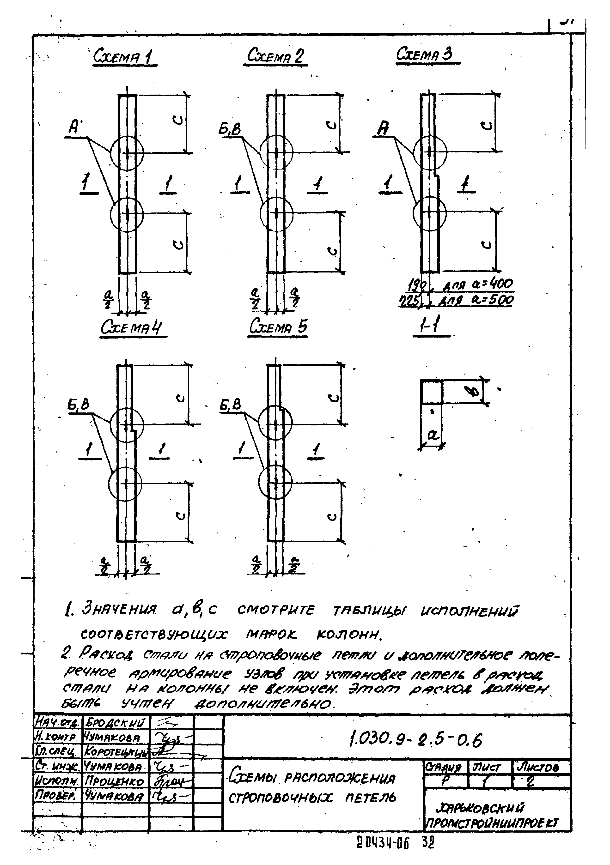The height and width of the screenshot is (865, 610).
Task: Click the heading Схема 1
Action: click(x=124, y=57)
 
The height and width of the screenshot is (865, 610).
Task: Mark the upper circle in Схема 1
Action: click(x=127, y=153)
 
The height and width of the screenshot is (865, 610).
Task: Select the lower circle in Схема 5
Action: click(x=276, y=482)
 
